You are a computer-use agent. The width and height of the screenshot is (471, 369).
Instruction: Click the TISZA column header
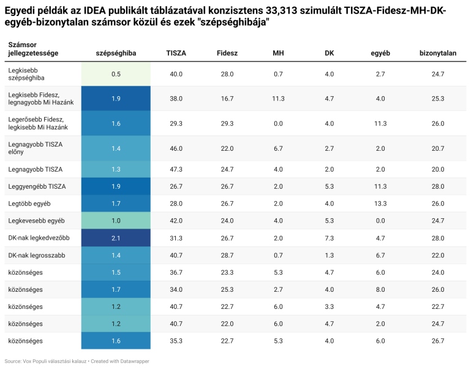click(176, 53)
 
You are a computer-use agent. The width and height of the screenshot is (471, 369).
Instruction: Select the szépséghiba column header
click(116, 53)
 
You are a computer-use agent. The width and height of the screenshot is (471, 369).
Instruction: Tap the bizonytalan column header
click(437, 53)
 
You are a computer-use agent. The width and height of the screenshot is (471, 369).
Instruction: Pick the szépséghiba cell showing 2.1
click(116, 238)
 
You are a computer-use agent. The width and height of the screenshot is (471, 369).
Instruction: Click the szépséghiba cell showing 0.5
click(116, 74)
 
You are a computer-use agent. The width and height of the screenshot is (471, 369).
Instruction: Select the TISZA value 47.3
click(176, 169)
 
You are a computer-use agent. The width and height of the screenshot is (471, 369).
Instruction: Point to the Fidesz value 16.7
click(227, 98)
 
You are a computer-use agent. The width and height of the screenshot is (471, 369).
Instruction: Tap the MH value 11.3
click(279, 98)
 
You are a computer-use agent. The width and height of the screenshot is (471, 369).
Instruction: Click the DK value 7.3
click(330, 238)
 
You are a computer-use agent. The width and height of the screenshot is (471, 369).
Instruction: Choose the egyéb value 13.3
click(380, 203)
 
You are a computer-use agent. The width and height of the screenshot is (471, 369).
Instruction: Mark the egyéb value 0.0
click(380, 220)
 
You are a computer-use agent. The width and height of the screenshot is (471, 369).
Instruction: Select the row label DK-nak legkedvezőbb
click(39, 238)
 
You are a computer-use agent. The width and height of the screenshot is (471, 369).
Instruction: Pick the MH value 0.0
click(279, 123)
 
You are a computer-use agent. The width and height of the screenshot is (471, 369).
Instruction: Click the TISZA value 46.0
click(176, 148)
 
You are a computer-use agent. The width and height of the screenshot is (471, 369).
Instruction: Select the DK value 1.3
click(330, 255)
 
